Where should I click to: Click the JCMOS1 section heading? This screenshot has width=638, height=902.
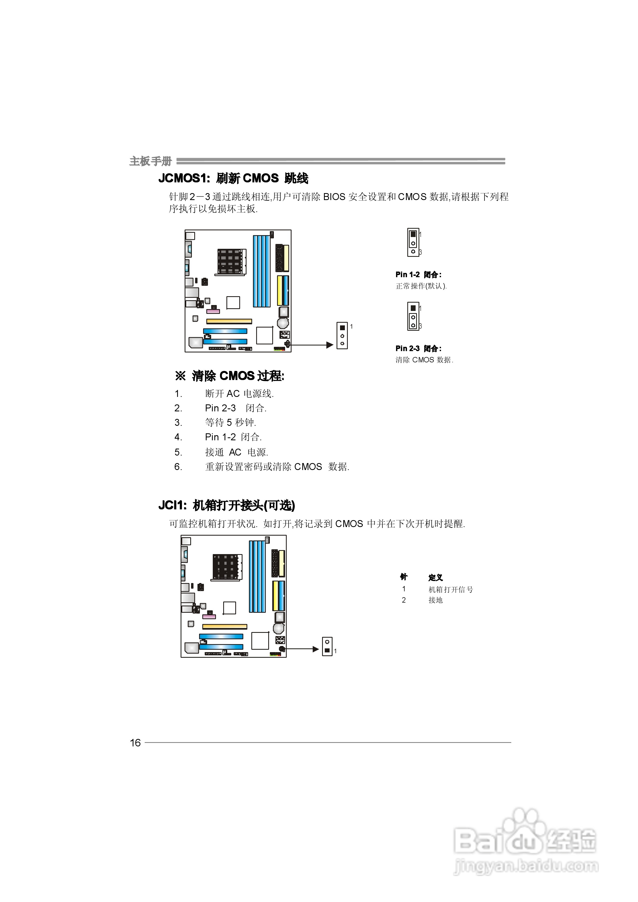pyautogui.click(x=233, y=179)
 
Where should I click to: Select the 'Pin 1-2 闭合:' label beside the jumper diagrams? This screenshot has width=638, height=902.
pyautogui.click(x=418, y=275)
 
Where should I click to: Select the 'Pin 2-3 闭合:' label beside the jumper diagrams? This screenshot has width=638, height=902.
pyautogui.click(x=418, y=348)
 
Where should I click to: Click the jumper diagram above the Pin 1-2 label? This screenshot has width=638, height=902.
pyautogui.click(x=413, y=242)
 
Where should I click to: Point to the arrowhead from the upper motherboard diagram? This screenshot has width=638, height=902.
pyautogui.click(x=330, y=345)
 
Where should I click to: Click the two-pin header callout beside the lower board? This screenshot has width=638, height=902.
pyautogui.click(x=327, y=646)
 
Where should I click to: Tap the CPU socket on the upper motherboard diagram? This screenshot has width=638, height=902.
pyautogui.click(x=231, y=261)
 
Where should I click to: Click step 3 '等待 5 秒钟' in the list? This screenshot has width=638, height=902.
pyautogui.click(x=230, y=423)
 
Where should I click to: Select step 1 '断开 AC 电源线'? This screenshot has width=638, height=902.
pyautogui.click(x=239, y=394)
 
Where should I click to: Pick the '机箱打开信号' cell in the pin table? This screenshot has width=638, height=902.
pyautogui.click(x=450, y=589)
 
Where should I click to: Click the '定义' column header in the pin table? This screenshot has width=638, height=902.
pyautogui.click(x=435, y=577)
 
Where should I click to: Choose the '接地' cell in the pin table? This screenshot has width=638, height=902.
pyautogui.click(x=435, y=600)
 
